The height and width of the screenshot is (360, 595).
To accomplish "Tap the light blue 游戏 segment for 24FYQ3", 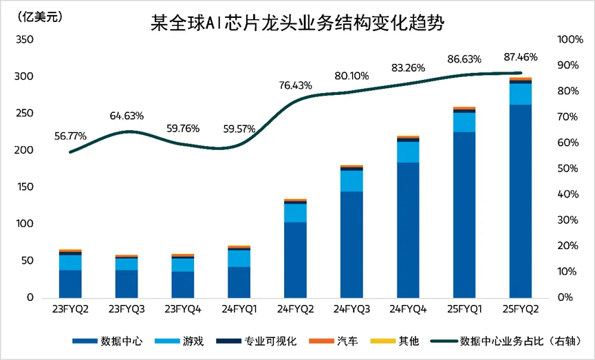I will tap(351, 180).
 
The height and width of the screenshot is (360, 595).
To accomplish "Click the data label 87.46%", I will tap(521, 57).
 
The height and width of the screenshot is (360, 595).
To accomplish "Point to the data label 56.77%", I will tap(70, 136).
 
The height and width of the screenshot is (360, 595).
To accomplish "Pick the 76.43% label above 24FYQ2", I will tap(295, 85).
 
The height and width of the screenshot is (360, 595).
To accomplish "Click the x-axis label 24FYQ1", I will tap(239, 310).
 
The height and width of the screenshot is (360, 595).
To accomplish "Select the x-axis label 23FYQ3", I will tap(127, 310).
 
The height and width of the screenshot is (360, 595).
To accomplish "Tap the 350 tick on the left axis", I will tap(24, 40).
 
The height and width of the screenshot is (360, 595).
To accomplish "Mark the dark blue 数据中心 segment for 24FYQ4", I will tap(408, 230).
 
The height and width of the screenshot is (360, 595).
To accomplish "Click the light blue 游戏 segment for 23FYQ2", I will tap(70, 262).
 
